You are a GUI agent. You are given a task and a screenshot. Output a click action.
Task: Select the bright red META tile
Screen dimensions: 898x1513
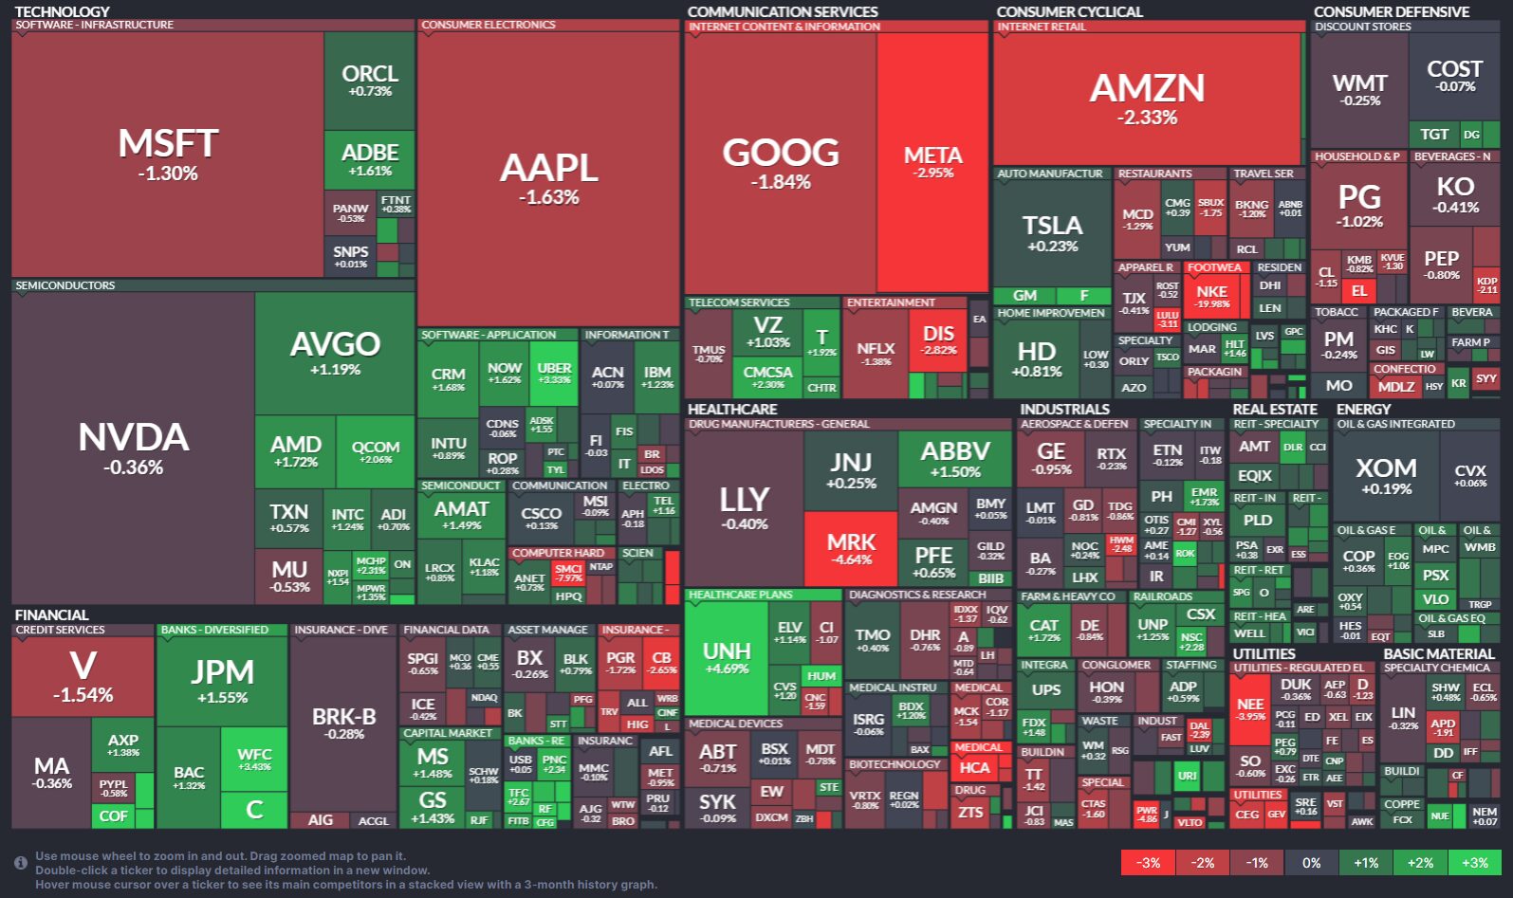click(x=932, y=161)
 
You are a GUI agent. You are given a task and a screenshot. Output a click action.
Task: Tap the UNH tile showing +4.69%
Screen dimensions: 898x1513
click(x=727, y=656)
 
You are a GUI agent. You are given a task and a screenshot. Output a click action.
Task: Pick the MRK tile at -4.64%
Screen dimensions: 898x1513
click(x=851, y=548)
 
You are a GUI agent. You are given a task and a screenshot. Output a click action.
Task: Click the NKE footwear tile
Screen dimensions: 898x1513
click(x=1212, y=295)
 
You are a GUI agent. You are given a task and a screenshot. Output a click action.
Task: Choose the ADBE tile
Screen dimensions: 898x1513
click(x=370, y=158)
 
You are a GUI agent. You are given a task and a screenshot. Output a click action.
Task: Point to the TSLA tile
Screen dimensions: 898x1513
click(x=1052, y=231)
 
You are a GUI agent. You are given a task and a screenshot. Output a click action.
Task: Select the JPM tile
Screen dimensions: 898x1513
click(x=223, y=680)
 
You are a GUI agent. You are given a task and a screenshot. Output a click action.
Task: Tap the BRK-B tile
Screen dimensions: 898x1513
click(x=343, y=723)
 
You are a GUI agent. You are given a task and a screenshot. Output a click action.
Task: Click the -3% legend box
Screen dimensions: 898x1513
click(x=1149, y=863)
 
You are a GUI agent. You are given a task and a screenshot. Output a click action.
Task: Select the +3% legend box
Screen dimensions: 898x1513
click(x=1474, y=863)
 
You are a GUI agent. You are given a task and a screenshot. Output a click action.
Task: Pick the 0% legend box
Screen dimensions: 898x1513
click(x=1311, y=863)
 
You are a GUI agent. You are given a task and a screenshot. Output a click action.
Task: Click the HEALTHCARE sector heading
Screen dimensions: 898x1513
click(x=732, y=410)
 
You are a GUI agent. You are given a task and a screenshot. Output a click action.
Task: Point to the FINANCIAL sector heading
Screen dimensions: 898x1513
click(x=51, y=615)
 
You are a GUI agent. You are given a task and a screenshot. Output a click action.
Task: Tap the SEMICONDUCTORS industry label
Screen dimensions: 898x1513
click(x=65, y=285)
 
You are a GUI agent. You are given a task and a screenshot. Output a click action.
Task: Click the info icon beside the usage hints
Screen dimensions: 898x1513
click(x=20, y=863)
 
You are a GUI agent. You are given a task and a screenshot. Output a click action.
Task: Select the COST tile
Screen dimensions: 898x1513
click(x=1454, y=75)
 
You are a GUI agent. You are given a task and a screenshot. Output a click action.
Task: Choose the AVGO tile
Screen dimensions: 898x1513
click(x=335, y=351)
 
